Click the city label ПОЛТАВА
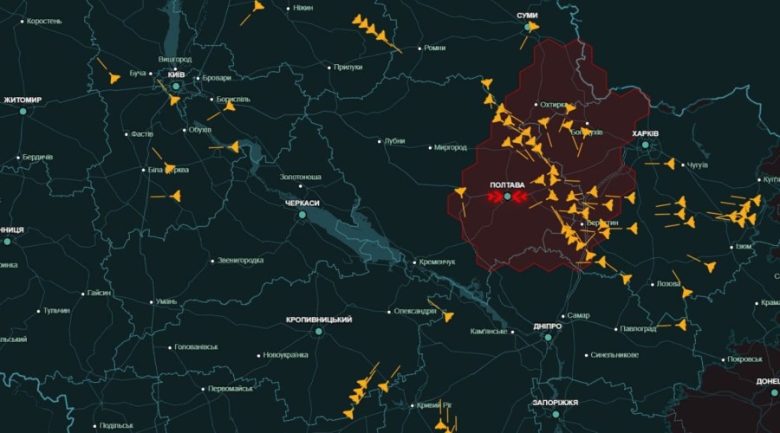pyautogui.click(x=507, y=185)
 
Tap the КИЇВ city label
pyautogui.click(x=177, y=75)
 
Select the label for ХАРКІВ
pyautogui.click(x=646, y=134)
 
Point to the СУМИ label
pyautogui.click(x=527, y=16)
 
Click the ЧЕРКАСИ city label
pyautogui.click(x=302, y=203)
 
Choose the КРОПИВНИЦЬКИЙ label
pyautogui.click(x=319, y=320)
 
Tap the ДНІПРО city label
pyautogui.click(x=548, y=326)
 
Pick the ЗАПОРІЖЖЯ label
pyautogui.click(x=556, y=403)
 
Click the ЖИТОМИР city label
pyautogui.click(x=23, y=100)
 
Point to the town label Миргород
pyautogui.click(x=450, y=147)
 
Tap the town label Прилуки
pyautogui.click(x=348, y=67)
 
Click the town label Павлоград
pyautogui.click(x=638, y=329)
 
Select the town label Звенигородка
pyautogui.click(x=240, y=260)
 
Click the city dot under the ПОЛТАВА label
pyautogui.click(x=507, y=197)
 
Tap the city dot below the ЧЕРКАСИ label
pyautogui.click(x=302, y=214)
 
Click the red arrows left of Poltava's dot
pyautogui.click(x=495, y=197)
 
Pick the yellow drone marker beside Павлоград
pyautogui.click(x=680, y=326)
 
